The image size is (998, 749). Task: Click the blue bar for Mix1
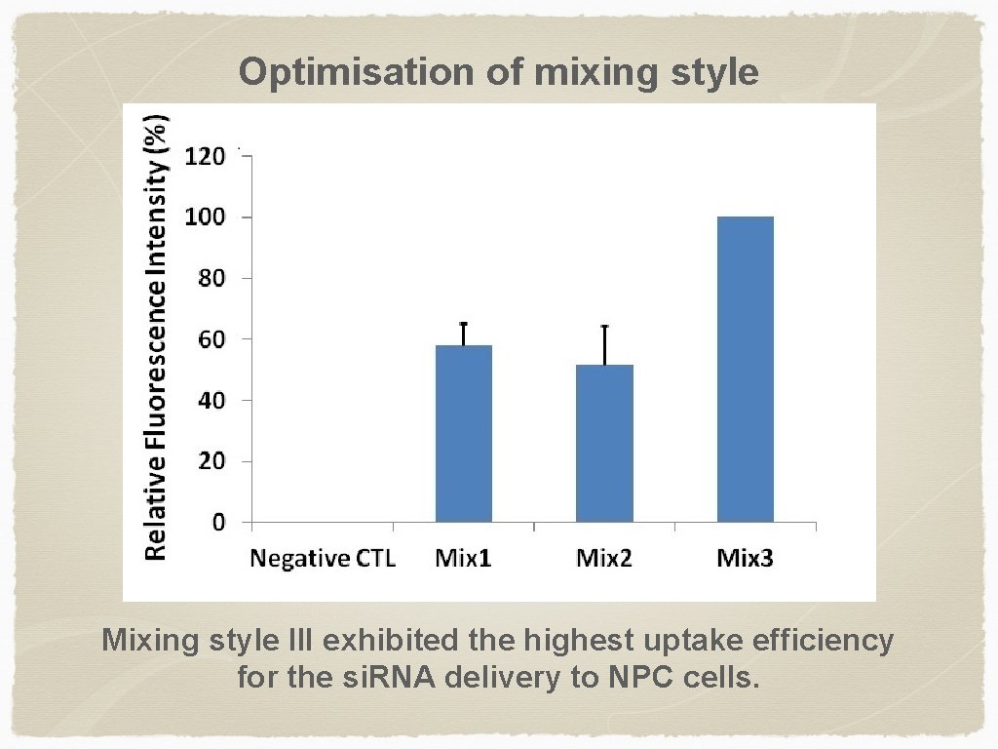point(463,434)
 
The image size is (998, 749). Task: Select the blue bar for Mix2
point(604,444)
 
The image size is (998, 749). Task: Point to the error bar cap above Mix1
point(463,324)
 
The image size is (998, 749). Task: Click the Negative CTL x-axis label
point(323,559)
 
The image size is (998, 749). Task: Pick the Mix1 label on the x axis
point(463,559)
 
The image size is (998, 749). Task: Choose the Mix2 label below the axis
point(604,559)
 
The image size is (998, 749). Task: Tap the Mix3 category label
point(745,559)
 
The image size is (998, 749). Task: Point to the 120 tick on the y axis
point(206,156)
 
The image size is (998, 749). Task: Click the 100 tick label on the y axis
point(206,217)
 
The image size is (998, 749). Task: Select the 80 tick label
point(211,278)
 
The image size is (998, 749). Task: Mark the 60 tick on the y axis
point(211,339)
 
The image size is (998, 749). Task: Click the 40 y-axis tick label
point(211,401)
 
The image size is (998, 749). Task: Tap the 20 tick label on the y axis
point(211,461)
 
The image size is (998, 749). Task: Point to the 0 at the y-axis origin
point(218,523)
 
